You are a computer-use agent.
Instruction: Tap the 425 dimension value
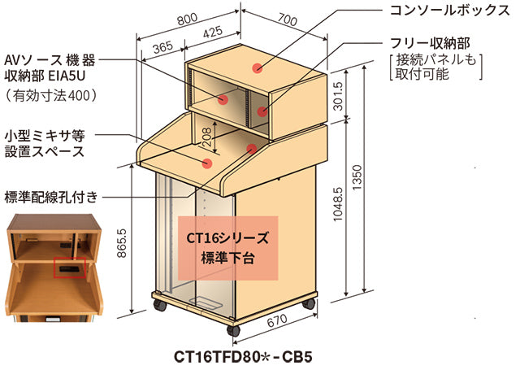213,33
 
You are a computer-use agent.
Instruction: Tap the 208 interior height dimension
206,144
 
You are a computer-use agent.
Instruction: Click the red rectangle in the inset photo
68,267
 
